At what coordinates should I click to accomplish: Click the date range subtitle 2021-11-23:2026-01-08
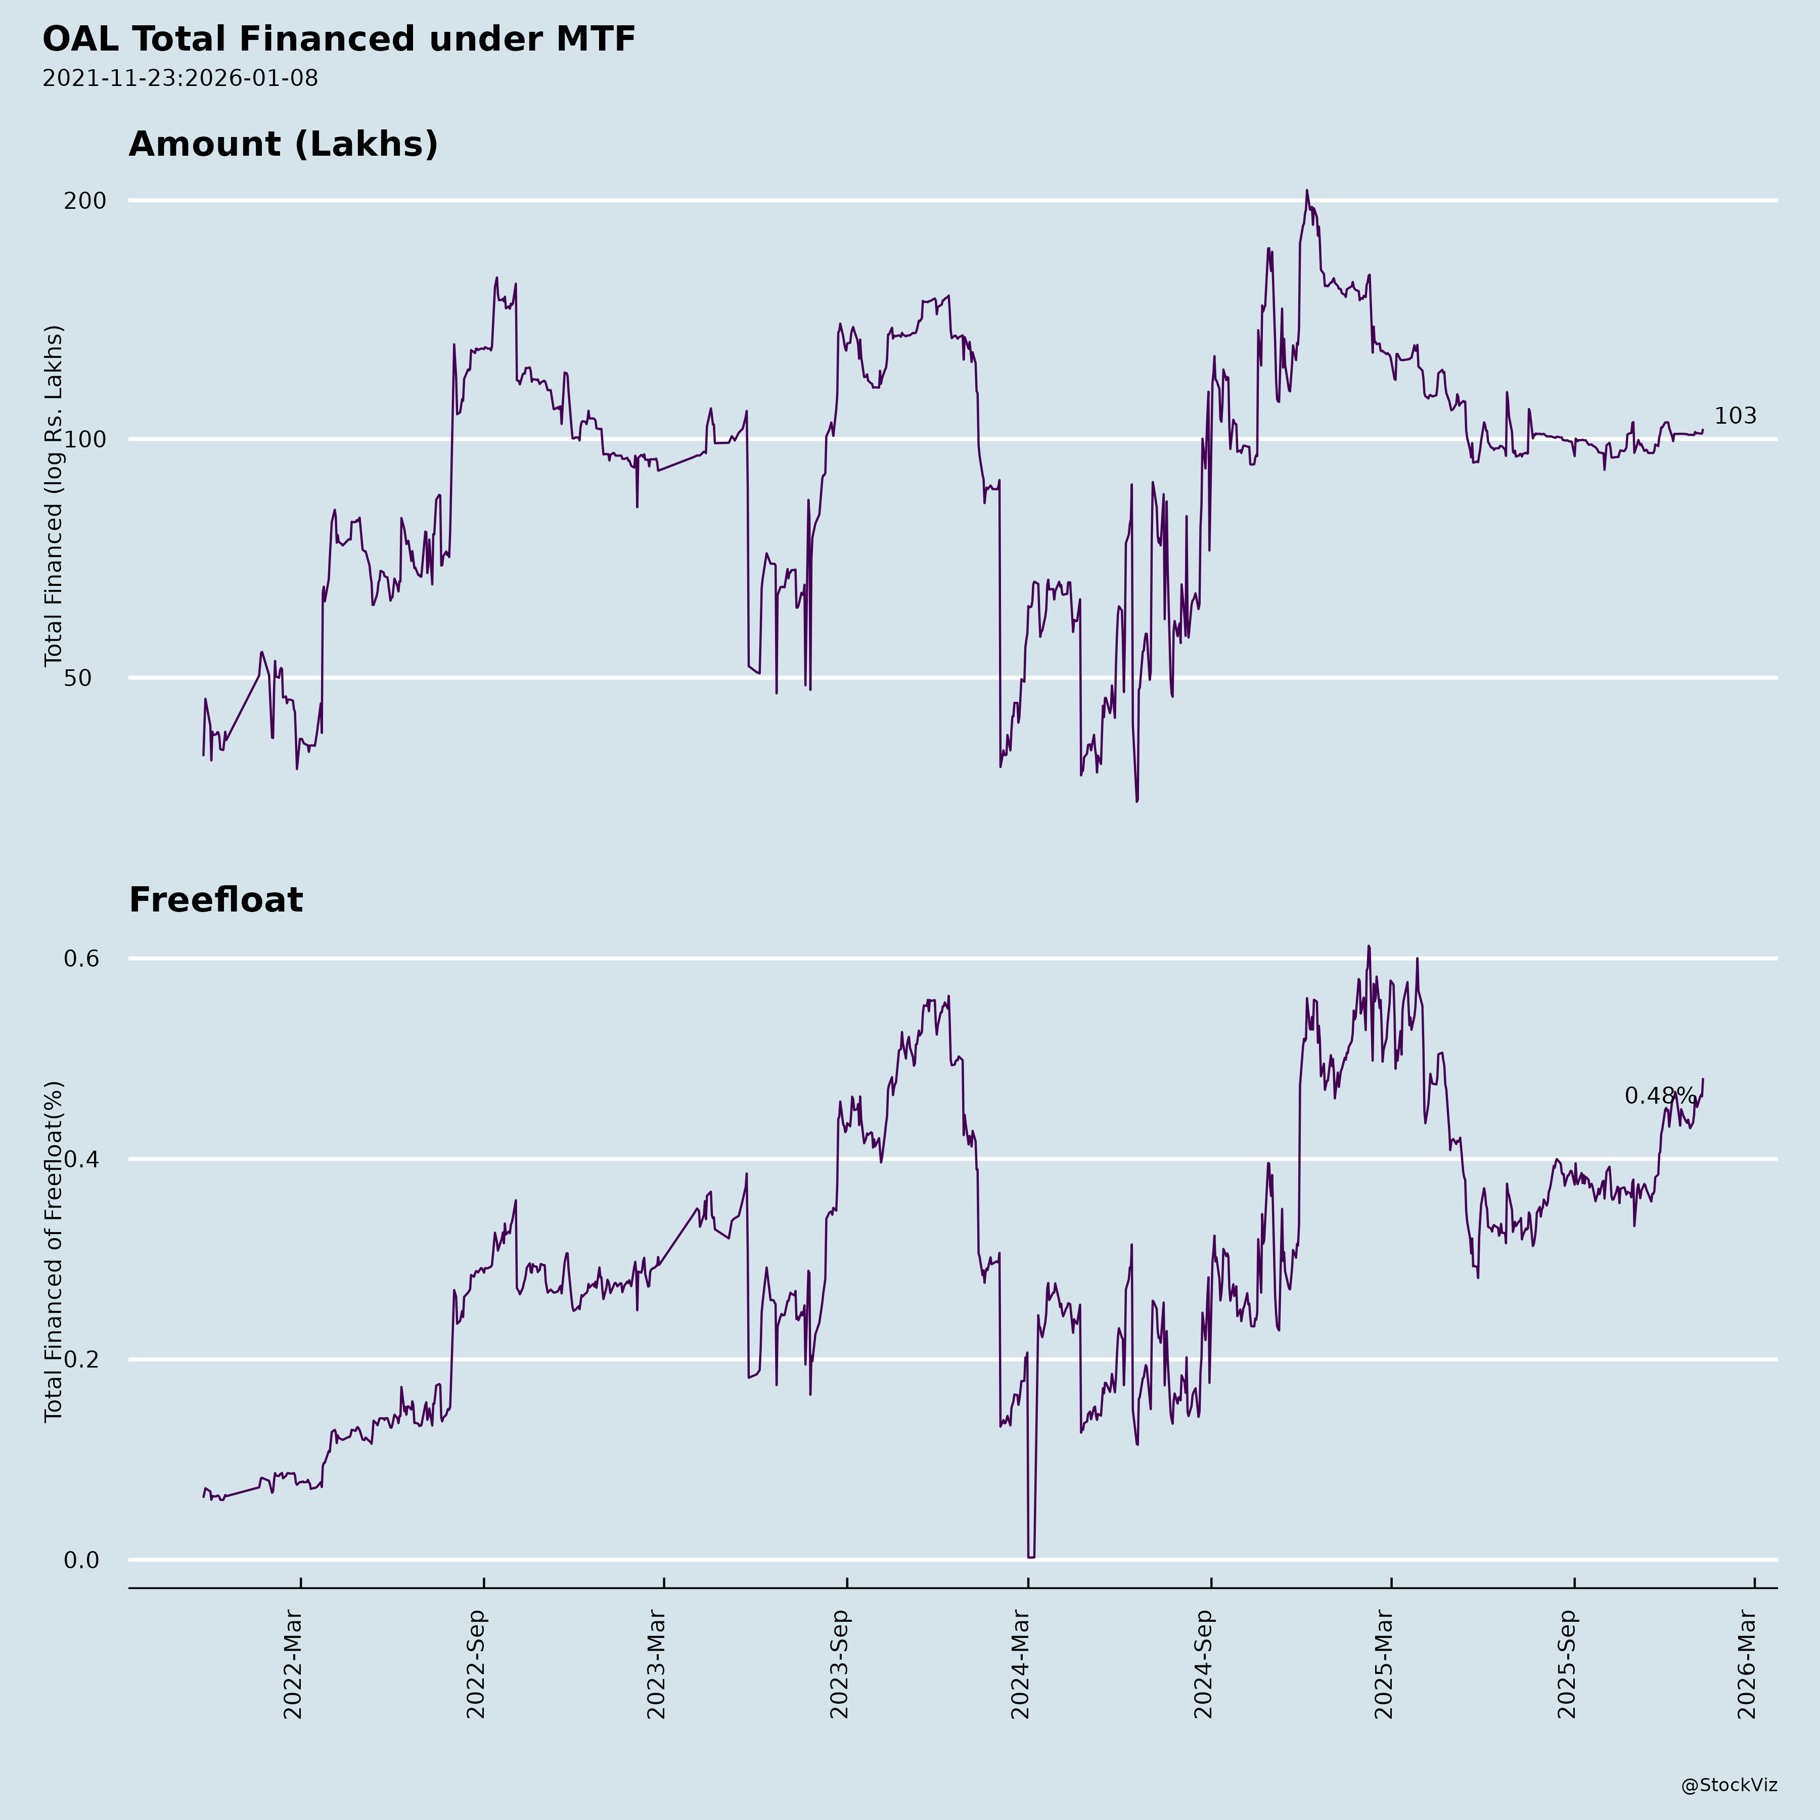(x=180, y=78)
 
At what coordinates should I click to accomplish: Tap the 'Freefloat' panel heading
(x=216, y=900)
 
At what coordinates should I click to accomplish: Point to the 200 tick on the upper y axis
(x=85, y=201)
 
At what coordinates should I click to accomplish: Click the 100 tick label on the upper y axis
(x=85, y=439)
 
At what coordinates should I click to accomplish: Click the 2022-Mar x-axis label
(x=293, y=1665)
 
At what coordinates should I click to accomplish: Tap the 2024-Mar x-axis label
(x=1021, y=1665)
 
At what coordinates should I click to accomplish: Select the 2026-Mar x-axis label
(x=1748, y=1665)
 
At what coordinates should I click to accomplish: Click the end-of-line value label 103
(x=1734, y=417)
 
